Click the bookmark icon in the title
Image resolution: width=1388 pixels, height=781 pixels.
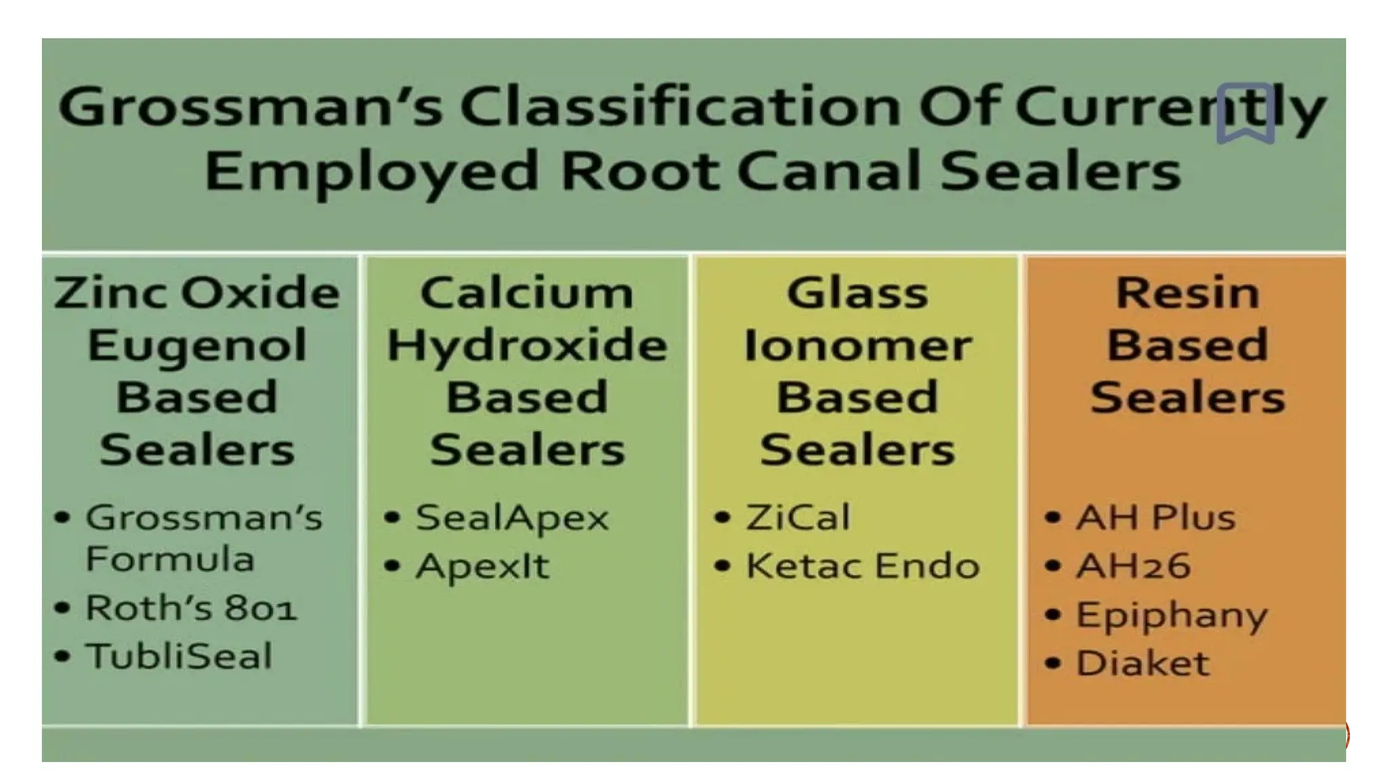pyautogui.click(x=1245, y=113)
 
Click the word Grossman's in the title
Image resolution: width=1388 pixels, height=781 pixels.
pyautogui.click(x=250, y=107)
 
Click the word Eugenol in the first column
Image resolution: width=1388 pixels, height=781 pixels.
pyautogui.click(x=197, y=345)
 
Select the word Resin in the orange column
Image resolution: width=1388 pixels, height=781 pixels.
pyautogui.click(x=1187, y=294)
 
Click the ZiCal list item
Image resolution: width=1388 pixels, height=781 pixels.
pyautogui.click(x=798, y=518)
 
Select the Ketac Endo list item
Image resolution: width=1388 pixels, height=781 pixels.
pyautogui.click(x=862, y=566)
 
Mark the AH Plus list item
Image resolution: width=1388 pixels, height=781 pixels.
pyautogui.click(x=1156, y=518)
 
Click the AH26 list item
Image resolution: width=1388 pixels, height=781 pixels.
pyautogui.click(x=1132, y=566)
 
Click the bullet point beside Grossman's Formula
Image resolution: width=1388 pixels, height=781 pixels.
pyautogui.click(x=62, y=518)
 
